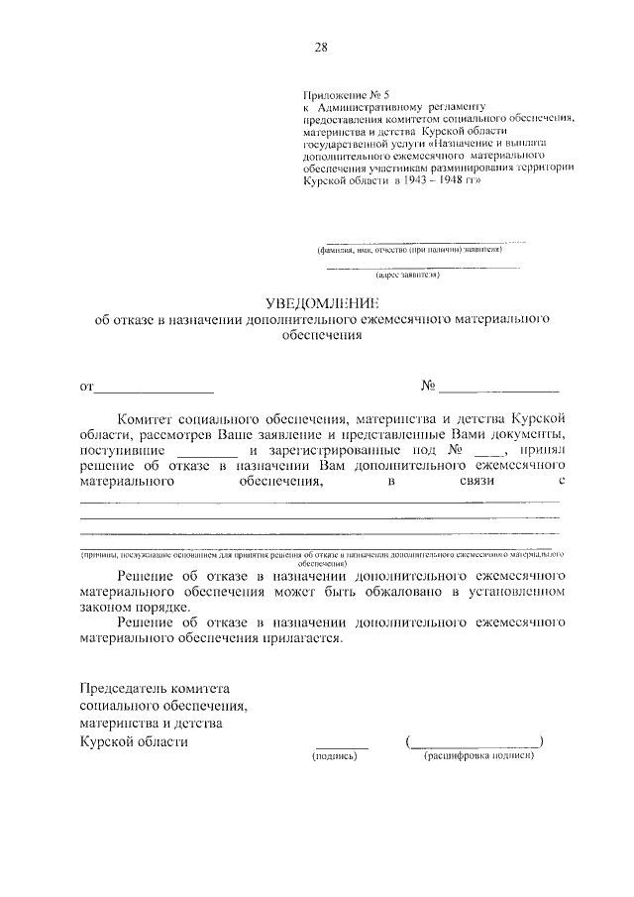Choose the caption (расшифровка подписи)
(477, 756)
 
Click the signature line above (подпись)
(341, 744)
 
